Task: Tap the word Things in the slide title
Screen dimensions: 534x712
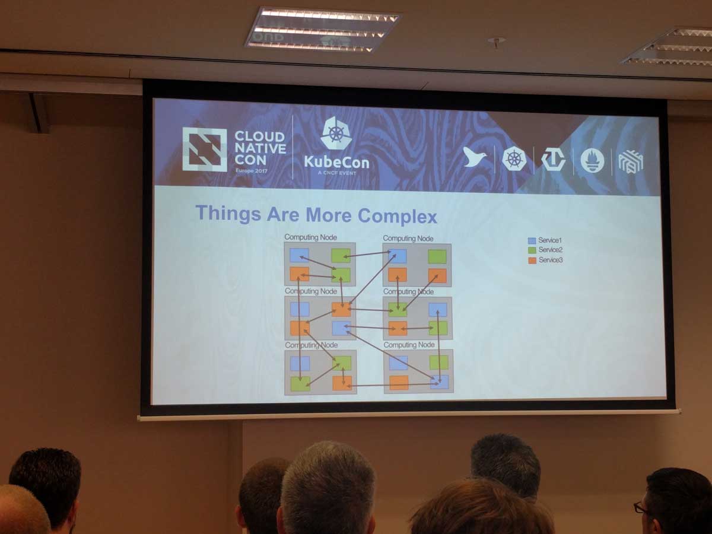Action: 228,212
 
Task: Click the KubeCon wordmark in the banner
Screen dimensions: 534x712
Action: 336,161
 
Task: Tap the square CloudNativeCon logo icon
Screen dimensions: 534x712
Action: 204,149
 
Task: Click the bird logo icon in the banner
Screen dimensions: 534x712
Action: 474,157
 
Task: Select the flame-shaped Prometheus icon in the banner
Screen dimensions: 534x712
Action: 592,160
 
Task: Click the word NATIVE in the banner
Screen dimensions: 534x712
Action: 260,148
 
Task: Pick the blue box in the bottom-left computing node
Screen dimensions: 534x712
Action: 300,363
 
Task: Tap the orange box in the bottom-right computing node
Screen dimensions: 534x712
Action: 399,382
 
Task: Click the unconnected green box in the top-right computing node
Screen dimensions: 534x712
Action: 437,256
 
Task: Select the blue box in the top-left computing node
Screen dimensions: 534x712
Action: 299,255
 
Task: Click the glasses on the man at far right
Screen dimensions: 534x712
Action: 640,508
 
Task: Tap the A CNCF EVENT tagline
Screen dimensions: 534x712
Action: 336,173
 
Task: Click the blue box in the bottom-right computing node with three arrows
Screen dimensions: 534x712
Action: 440,382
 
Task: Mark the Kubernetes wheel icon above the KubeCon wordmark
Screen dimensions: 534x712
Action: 336,133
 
